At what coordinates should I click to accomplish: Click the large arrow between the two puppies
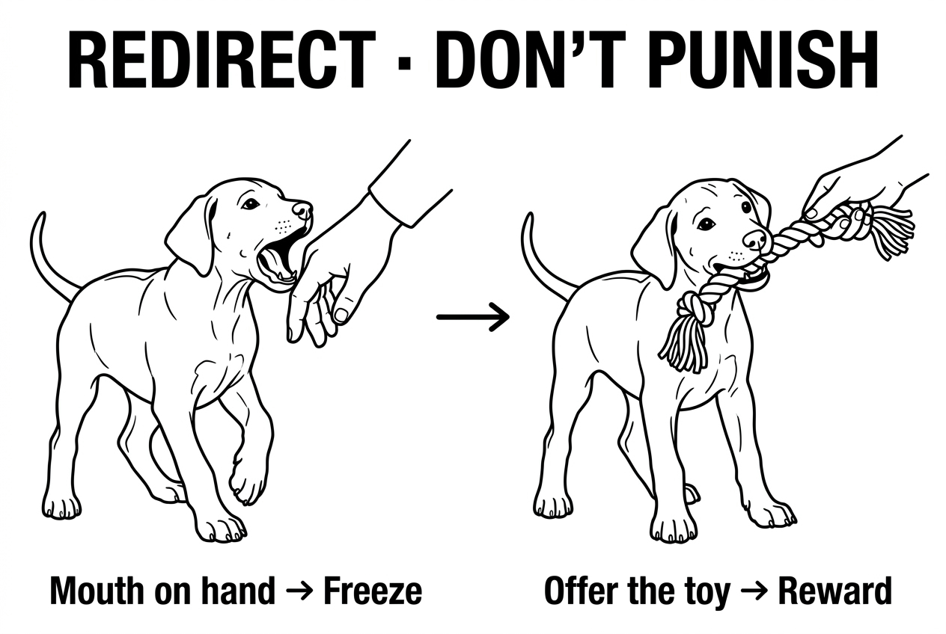[x=473, y=317]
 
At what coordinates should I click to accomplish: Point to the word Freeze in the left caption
[x=373, y=591]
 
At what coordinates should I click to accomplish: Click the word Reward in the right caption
[x=835, y=591]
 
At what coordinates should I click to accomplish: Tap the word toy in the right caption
[x=705, y=594]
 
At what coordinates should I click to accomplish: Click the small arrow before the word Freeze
[x=299, y=592]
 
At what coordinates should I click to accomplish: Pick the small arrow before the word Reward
[x=754, y=592]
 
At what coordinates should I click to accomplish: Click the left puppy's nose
[x=302, y=209]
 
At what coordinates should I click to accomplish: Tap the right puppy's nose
[x=754, y=239]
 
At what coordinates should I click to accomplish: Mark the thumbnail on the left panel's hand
[x=341, y=314]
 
